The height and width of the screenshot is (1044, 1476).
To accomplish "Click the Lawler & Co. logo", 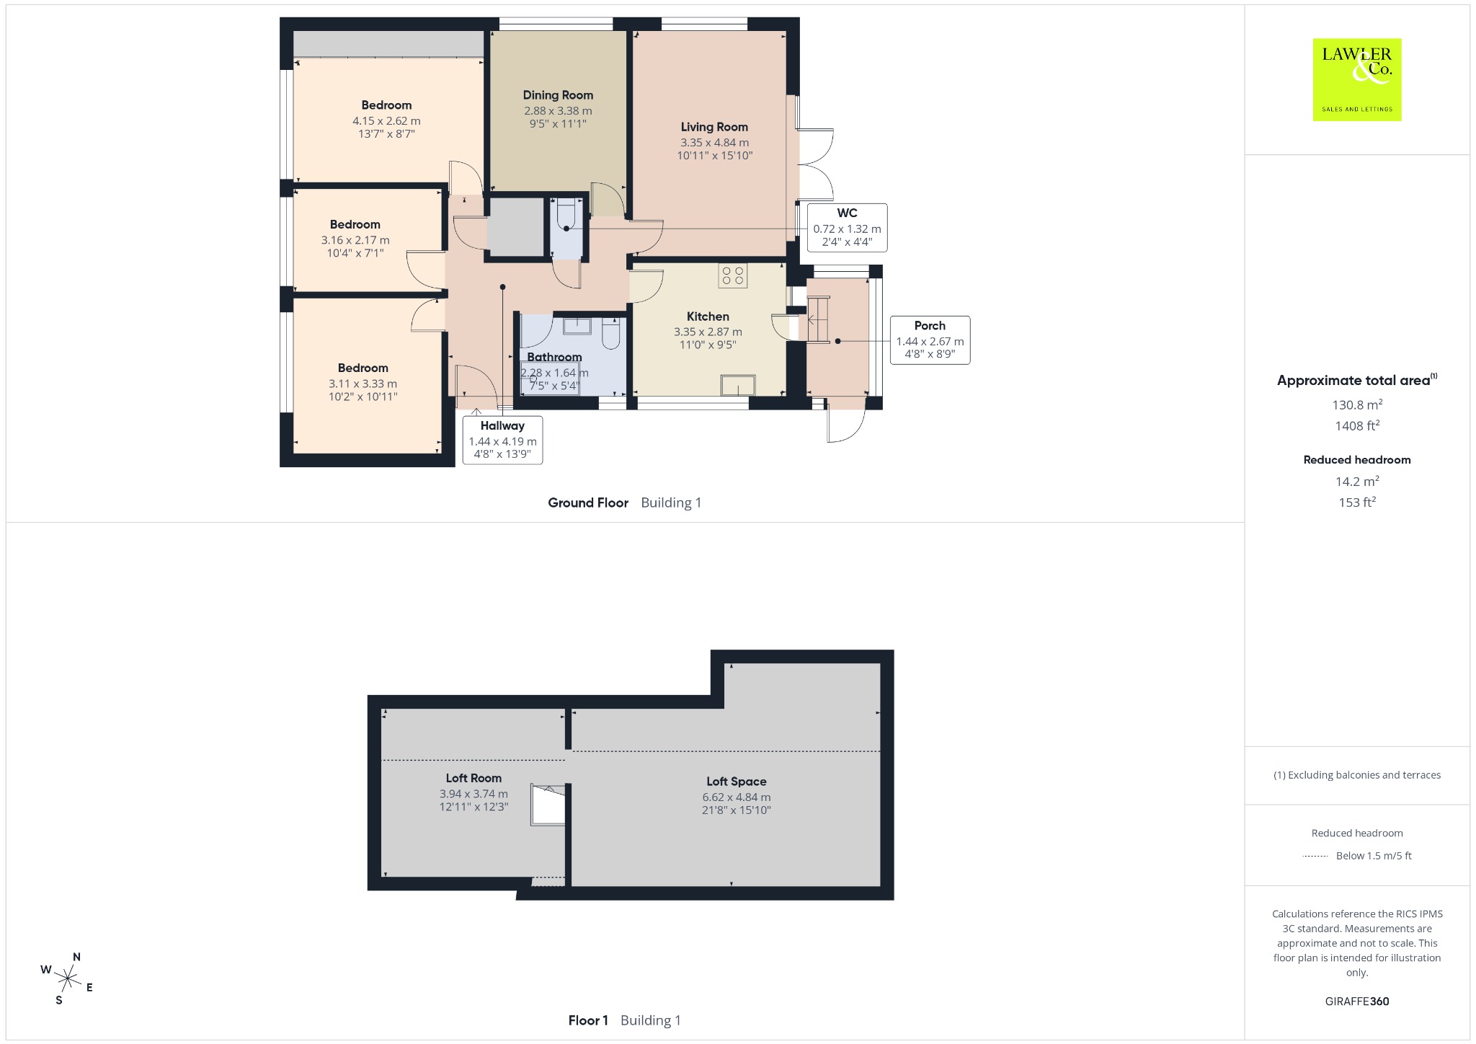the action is click(1356, 79).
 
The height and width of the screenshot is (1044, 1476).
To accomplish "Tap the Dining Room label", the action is click(558, 95).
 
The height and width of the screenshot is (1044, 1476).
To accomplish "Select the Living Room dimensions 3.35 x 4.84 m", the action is click(714, 143).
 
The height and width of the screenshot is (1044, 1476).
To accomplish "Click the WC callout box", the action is click(847, 227).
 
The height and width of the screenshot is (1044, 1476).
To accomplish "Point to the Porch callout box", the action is click(930, 340).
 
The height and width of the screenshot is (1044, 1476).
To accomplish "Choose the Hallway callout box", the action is click(502, 440).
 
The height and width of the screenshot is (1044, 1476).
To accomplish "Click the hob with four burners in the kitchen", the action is click(733, 275).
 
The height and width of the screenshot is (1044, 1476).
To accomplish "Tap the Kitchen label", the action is click(708, 317).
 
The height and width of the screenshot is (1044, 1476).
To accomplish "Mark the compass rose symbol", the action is click(68, 978).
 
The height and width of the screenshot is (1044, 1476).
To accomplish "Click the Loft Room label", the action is click(474, 778).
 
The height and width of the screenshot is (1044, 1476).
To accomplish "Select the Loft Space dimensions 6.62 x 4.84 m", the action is click(737, 797).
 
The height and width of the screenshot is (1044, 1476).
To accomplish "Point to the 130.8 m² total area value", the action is click(1357, 404).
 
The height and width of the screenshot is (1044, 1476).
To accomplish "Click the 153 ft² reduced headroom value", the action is click(1357, 502).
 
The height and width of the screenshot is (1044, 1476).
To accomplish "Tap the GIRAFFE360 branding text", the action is click(1357, 1001).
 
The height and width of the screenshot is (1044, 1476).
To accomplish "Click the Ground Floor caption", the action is click(588, 503).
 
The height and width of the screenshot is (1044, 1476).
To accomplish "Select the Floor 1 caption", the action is click(588, 1020).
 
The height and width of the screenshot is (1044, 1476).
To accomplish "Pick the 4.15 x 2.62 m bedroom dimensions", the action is click(386, 121).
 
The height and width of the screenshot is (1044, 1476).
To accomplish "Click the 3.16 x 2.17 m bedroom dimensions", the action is click(355, 240).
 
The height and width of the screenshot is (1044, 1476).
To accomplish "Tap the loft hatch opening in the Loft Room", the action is click(548, 805).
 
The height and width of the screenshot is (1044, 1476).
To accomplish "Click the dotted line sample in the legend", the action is click(1315, 856).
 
